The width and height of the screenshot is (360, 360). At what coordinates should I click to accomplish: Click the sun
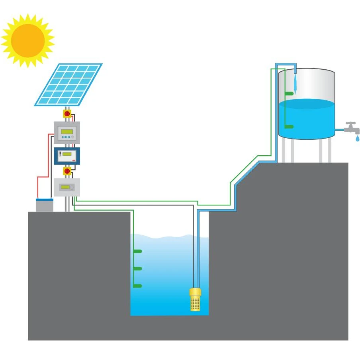pyautogui.click(x=27, y=40)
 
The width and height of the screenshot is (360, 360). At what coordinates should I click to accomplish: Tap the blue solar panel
pyautogui.click(x=68, y=84)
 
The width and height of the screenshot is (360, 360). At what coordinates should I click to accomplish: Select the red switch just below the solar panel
pyautogui.click(x=67, y=114)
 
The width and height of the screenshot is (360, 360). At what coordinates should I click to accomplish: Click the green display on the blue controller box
pyautogui.click(x=67, y=154)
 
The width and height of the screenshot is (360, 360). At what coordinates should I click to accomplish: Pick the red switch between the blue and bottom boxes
pyautogui.click(x=67, y=171)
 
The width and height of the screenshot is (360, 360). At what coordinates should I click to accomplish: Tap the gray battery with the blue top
pyautogui.click(x=44, y=205)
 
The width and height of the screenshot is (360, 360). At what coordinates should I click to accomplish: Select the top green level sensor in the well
pyautogui.click(x=137, y=251)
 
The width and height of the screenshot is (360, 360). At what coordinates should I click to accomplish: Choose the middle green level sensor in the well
pyautogui.click(x=137, y=269)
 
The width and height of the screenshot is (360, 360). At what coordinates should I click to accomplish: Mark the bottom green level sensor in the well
pyautogui.click(x=137, y=286)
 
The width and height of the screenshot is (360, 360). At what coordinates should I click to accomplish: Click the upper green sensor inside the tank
pyautogui.click(x=289, y=93)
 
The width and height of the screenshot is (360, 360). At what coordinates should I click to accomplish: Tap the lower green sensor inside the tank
pyautogui.click(x=289, y=127)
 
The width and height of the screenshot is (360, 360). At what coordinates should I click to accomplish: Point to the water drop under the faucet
pyautogui.click(x=357, y=138)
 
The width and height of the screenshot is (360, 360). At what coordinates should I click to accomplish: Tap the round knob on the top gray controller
pyautogui.click(x=72, y=137)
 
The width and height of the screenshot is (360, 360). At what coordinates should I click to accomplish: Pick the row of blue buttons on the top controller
pyautogui.click(x=66, y=137)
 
